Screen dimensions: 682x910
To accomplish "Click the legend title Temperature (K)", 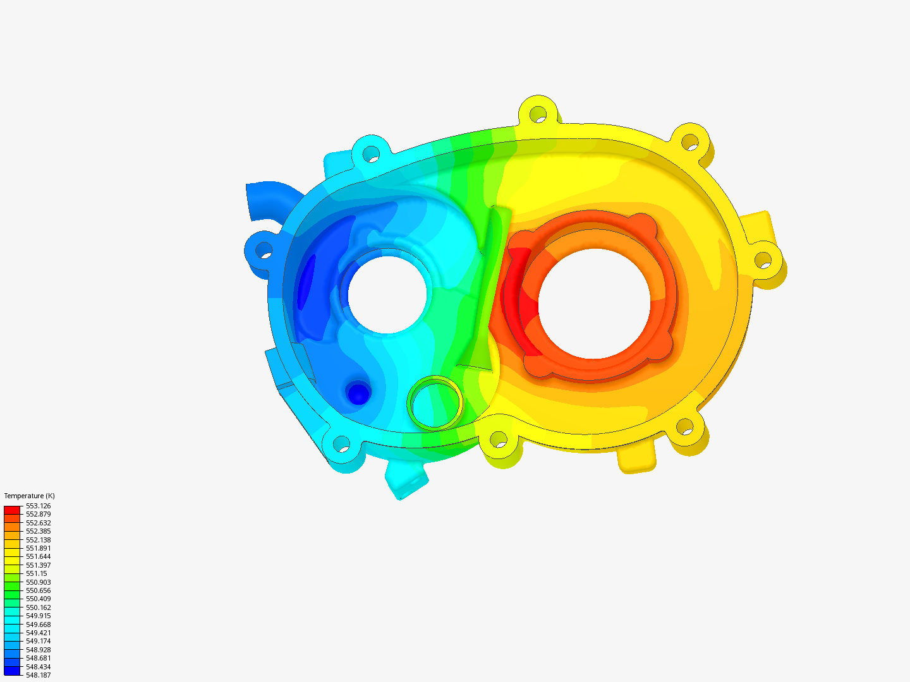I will (29, 496).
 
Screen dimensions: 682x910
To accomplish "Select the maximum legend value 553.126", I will (38, 506).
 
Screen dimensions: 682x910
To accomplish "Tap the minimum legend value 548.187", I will (38, 675).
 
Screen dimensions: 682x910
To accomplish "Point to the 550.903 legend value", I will (38, 582).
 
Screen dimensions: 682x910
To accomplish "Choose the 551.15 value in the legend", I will (36, 573).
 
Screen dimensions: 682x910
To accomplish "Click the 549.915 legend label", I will (38, 616).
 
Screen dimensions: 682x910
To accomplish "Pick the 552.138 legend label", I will (38, 540).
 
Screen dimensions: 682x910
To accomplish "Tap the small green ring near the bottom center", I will (435, 402).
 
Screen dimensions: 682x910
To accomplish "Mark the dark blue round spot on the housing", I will (358, 394).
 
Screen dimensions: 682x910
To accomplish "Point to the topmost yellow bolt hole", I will (538, 115).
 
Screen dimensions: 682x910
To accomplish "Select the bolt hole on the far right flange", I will (763, 260).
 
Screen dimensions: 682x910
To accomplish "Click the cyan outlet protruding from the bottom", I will (405, 480).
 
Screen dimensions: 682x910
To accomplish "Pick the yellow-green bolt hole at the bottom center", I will (499, 439).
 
